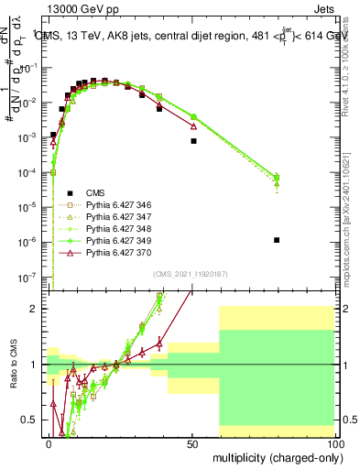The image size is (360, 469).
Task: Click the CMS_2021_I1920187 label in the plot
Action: pos(190,274)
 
